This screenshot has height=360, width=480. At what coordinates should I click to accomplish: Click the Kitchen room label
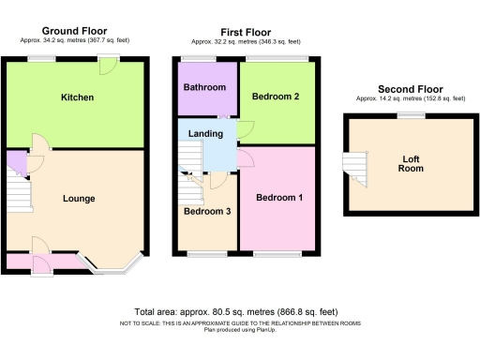77,97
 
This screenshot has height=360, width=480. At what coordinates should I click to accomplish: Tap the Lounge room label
79,198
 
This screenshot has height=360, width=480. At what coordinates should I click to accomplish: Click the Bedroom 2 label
277,97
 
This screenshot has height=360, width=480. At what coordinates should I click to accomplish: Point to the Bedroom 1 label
279,197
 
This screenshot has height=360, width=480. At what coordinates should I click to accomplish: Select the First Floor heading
246,33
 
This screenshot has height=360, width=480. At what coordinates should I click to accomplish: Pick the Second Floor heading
409,89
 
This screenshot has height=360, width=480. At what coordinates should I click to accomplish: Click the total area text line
239,311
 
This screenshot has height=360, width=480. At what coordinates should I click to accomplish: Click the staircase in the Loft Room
352,166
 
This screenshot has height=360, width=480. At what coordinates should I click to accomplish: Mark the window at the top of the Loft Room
408,114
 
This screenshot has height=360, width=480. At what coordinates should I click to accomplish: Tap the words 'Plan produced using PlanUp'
239,328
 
